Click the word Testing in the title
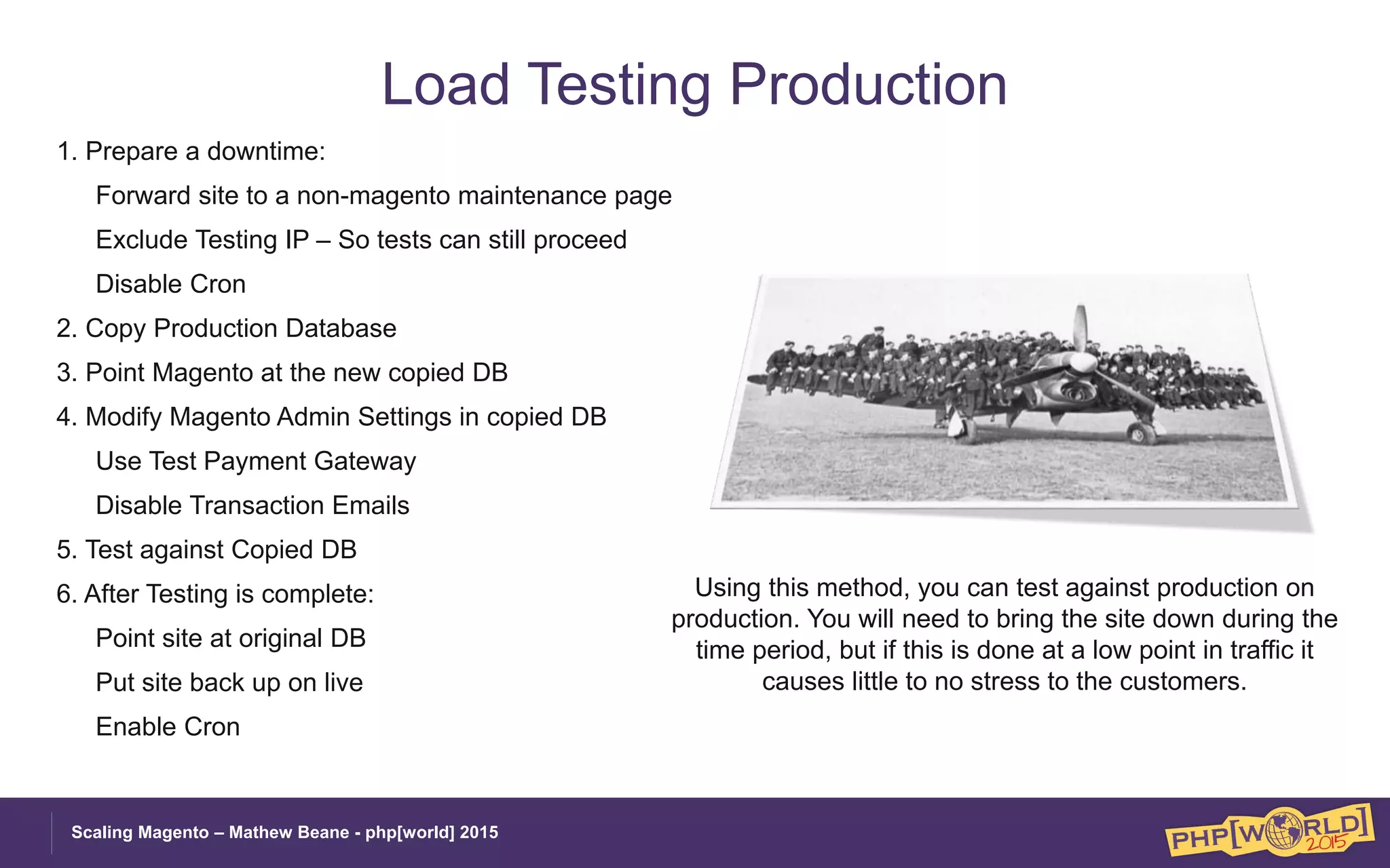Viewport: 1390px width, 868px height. (x=619, y=85)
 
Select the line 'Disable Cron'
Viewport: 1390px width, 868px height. (x=170, y=284)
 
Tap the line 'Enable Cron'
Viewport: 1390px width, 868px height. (x=168, y=727)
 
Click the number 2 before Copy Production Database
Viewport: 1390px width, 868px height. (x=64, y=328)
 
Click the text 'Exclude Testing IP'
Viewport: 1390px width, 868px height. (x=202, y=240)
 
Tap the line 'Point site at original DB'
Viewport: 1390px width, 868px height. (x=231, y=639)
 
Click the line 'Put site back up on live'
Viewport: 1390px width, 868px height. (x=229, y=683)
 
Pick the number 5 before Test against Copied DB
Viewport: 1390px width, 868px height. (x=64, y=550)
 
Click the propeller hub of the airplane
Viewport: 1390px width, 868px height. (x=1082, y=363)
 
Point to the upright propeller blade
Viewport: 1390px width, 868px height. (x=1080, y=329)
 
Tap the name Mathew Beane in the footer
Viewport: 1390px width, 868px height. (x=288, y=833)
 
